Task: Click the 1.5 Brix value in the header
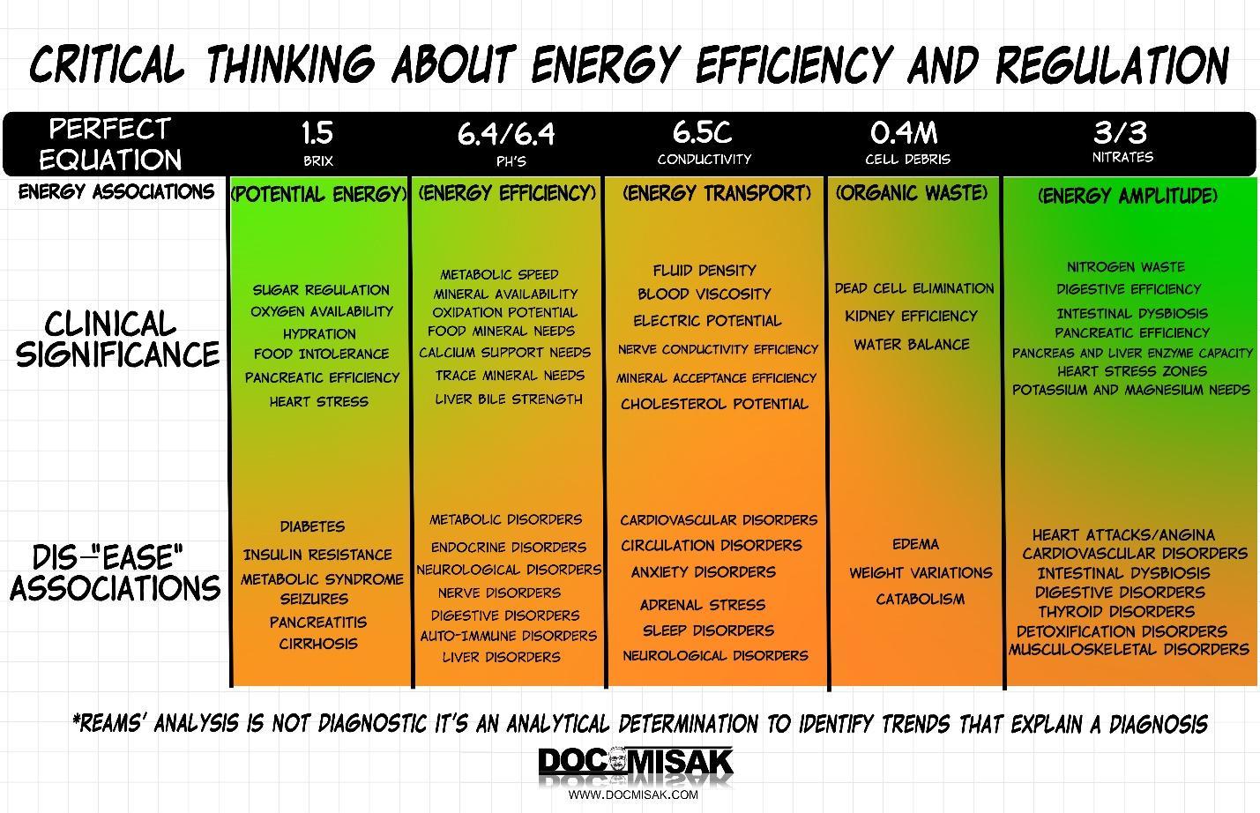tap(317, 133)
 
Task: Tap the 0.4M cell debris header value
tap(905, 133)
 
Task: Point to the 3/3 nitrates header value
tap(1121, 132)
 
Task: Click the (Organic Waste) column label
tap(912, 192)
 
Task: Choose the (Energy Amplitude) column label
tap(1128, 195)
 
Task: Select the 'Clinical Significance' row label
tap(116, 339)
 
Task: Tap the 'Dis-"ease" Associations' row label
tap(115, 573)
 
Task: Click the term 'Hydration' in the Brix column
tap(319, 334)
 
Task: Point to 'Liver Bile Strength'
tap(509, 399)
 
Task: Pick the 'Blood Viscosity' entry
tap(704, 295)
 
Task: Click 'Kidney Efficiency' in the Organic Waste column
tap(911, 316)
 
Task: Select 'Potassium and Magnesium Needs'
tap(1130, 390)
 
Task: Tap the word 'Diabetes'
tap(312, 526)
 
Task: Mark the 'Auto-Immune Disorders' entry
tap(508, 636)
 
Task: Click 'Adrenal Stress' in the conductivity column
tap(702, 605)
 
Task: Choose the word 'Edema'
tap(915, 544)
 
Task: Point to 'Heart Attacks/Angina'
tap(1123, 535)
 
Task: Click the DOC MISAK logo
tap(635, 764)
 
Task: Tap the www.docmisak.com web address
tap(633, 794)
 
